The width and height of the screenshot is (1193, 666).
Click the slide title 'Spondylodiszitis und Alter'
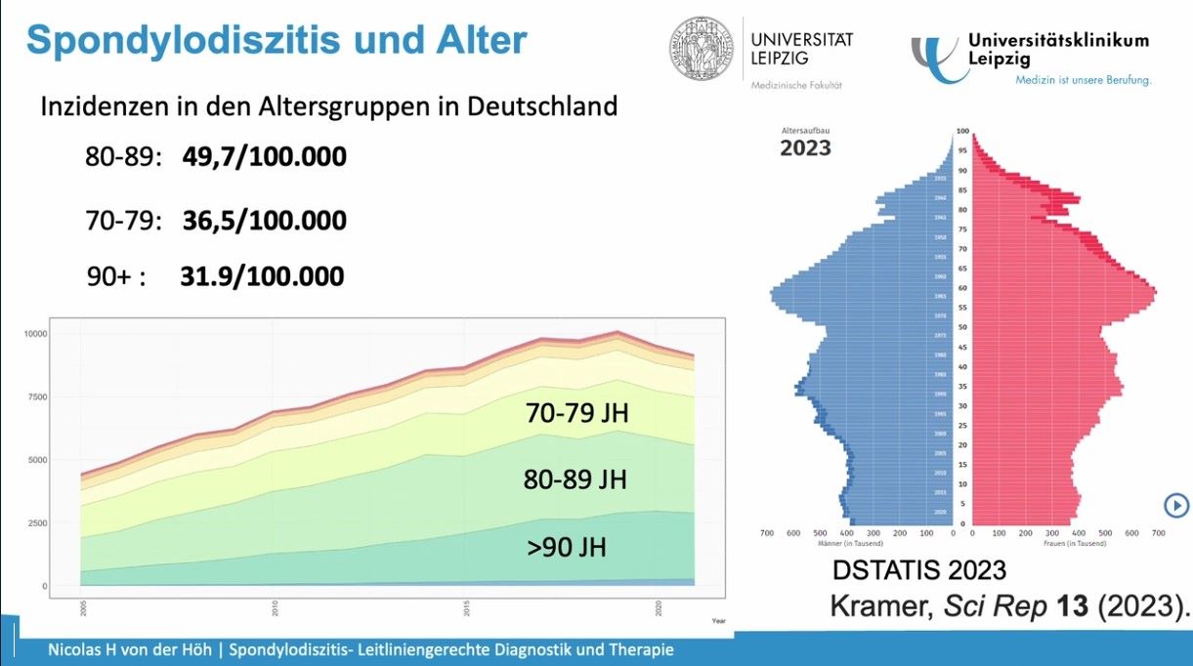(276, 40)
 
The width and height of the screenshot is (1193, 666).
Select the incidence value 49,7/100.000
(264, 156)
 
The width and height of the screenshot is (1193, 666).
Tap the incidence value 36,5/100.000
(264, 221)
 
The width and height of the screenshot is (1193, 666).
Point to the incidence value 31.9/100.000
(262, 276)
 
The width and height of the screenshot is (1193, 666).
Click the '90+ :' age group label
(116, 277)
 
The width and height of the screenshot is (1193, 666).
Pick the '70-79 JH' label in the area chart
(576, 414)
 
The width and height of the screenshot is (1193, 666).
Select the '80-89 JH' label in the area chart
(575, 480)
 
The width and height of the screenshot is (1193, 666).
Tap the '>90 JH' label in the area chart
(567, 547)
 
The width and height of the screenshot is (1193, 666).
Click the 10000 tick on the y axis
(36, 333)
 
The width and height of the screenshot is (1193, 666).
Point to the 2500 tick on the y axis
(38, 522)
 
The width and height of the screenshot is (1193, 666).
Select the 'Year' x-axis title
(719, 621)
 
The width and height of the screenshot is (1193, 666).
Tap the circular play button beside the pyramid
(1175, 505)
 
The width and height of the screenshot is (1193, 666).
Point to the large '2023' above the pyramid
(805, 147)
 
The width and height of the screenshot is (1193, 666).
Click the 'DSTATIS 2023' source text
(918, 570)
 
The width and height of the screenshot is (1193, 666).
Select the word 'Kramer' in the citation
(882, 605)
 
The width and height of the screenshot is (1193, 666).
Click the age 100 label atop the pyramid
(961, 131)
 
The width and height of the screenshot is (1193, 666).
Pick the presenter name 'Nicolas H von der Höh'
(133, 649)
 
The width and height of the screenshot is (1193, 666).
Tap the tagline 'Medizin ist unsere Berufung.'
(1083, 80)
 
